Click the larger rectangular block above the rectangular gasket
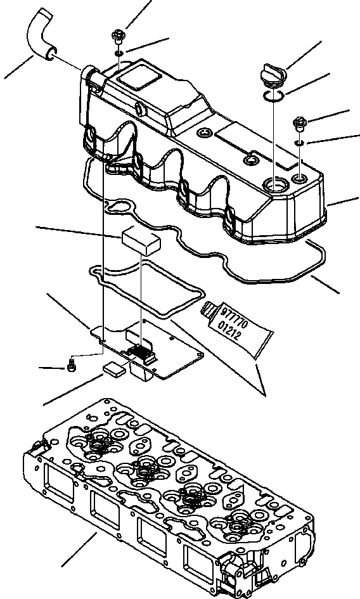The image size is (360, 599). pos(139,240)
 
